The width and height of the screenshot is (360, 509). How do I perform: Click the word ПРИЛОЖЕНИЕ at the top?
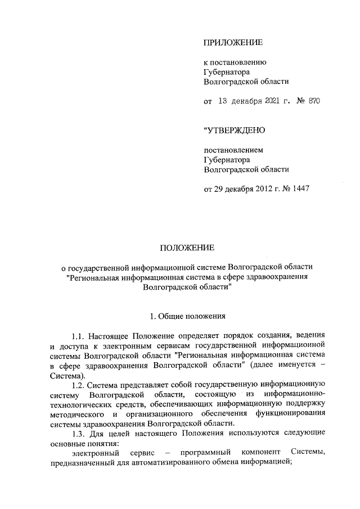coord(233,42)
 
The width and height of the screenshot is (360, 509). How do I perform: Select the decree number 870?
coord(314,101)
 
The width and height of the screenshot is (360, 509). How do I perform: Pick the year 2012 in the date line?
coord(264,189)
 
